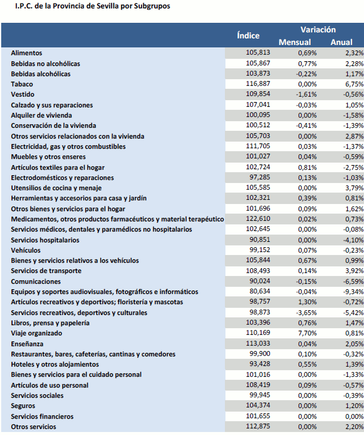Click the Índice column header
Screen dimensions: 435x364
[x=248, y=35]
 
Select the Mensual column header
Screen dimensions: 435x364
[x=294, y=42]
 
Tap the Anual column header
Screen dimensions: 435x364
[x=341, y=42]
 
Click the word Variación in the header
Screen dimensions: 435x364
[x=318, y=29]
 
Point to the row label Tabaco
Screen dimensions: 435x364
[x=22, y=84]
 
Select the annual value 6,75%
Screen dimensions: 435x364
[x=353, y=84]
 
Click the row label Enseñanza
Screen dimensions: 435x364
[x=27, y=344]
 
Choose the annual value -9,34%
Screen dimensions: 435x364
[x=351, y=292]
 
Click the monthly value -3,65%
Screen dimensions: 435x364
[x=303, y=313]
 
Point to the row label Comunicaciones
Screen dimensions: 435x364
[x=36, y=281]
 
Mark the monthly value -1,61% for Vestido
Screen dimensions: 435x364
[x=303, y=94]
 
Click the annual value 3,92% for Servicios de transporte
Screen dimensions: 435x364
[x=353, y=271]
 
